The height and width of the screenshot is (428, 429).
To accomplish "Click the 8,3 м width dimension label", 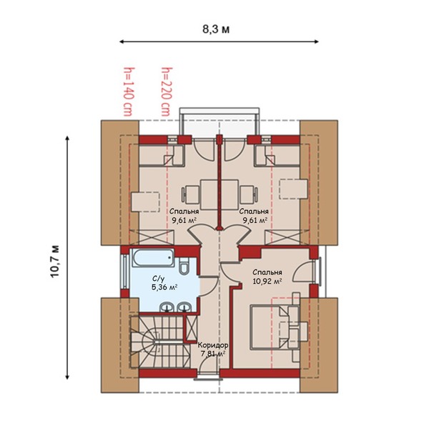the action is point(216,29).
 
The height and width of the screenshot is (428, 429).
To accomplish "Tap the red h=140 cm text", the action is point(128,91).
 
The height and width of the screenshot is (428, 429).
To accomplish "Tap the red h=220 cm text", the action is point(166,91).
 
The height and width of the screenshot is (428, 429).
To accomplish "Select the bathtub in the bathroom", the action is point(153,258).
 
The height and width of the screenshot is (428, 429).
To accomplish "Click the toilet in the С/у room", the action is point(184,267).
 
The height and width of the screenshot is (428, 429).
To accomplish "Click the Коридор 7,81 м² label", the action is point(213,349).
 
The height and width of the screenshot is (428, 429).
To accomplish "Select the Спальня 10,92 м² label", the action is point(267,277).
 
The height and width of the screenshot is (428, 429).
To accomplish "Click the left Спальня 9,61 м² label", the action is point(184,216).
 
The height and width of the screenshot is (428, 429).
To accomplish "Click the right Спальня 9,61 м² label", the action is point(254,216).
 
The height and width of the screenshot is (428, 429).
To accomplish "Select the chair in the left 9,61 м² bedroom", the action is point(190,195).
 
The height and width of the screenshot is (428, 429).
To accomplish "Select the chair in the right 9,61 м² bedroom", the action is point(249,195).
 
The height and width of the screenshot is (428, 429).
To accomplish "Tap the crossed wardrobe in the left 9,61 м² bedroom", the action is point(152,237).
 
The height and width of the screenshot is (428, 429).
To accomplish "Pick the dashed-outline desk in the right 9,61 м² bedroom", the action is point(293,189).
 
